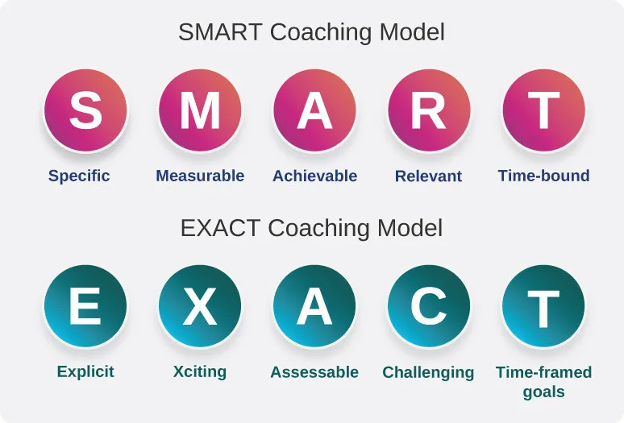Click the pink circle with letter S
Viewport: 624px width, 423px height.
[85, 110]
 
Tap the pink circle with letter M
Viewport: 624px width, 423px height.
[200, 110]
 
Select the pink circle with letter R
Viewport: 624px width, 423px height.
[429, 110]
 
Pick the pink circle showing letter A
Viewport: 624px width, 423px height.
[314, 110]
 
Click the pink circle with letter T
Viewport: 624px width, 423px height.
[543, 110]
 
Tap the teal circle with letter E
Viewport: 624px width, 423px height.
[85, 306]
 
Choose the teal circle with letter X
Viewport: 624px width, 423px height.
[200, 306]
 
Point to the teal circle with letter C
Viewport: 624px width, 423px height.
[429, 306]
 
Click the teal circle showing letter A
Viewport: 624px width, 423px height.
[314, 306]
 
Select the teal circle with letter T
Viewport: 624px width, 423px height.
[543, 306]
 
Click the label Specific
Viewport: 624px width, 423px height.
[79, 176]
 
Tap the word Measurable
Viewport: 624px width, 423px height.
[200, 176]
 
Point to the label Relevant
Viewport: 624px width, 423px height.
[428, 176]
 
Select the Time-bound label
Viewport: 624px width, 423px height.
[543, 176]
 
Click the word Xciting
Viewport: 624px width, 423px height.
[200, 372]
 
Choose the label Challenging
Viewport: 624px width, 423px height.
[428, 373]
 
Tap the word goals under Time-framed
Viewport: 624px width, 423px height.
[543, 392]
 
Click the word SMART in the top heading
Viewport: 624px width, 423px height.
[220, 32]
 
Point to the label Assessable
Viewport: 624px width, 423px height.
[314, 372]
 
